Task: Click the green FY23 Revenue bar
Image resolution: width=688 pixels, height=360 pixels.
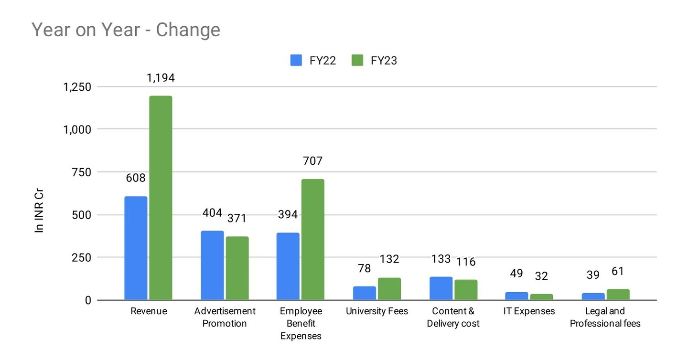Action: (161, 198)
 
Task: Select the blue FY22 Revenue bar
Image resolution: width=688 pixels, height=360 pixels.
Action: (136, 248)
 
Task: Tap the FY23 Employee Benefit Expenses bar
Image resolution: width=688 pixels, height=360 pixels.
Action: (313, 239)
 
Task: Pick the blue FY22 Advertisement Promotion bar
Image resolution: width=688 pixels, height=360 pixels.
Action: (212, 265)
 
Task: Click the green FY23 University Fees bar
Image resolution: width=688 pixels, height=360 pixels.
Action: (389, 289)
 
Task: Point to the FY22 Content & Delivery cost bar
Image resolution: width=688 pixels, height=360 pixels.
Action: (441, 288)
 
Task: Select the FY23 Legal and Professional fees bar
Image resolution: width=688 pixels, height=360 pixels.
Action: (618, 295)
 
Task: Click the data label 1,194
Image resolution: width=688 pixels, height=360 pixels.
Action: (161, 78)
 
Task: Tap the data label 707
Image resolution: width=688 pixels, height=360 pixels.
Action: (313, 161)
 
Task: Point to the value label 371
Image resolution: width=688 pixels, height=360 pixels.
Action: (236, 218)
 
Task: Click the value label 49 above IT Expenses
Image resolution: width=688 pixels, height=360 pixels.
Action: (516, 274)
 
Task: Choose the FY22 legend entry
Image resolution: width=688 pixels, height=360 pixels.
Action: (313, 61)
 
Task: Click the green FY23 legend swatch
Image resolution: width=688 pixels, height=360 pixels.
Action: (357, 61)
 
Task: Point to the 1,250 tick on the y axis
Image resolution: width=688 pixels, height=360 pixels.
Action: (77, 87)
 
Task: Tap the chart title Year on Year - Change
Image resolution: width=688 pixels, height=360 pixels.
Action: (126, 30)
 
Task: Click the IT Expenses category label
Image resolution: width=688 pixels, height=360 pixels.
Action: (529, 311)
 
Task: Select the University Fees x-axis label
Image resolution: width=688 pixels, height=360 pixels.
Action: (377, 311)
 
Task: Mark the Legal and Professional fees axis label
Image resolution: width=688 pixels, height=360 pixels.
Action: (605, 318)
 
